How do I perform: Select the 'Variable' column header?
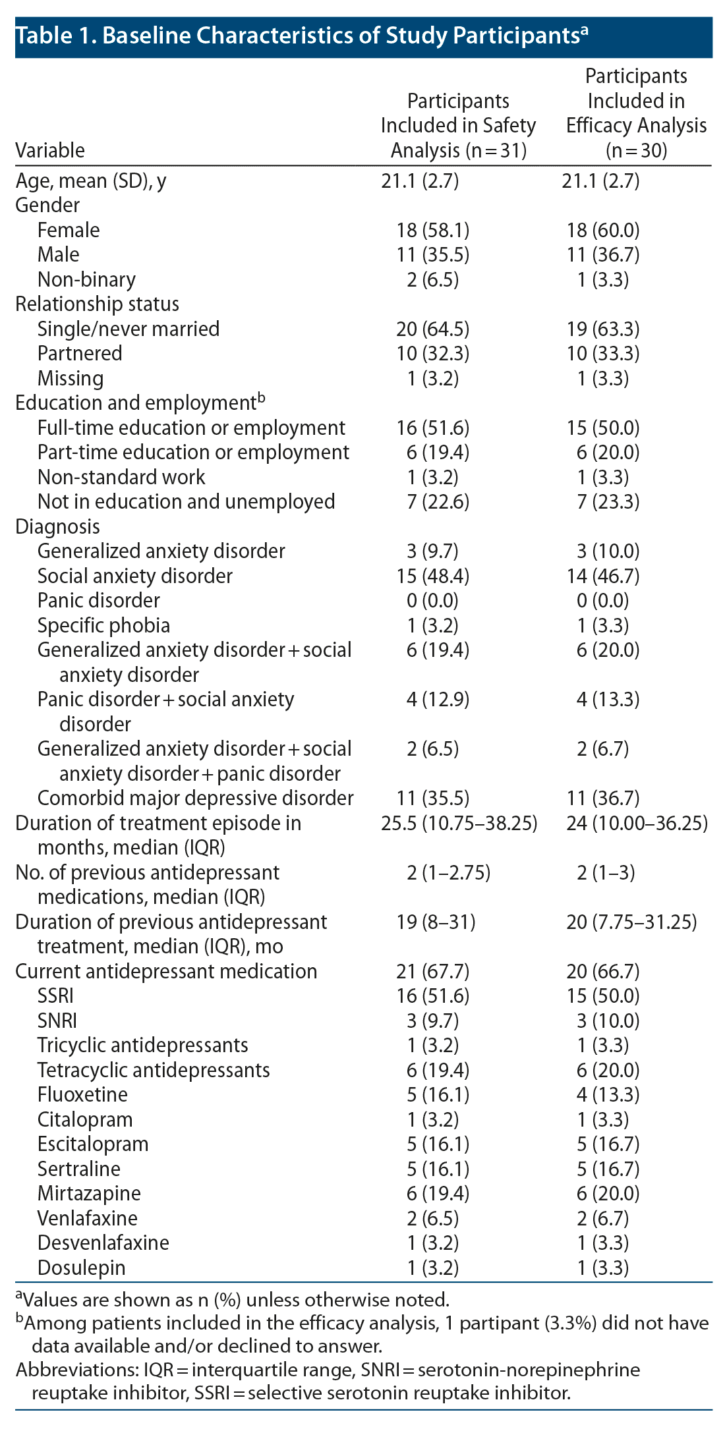(50, 151)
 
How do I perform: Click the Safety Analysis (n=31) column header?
(458, 126)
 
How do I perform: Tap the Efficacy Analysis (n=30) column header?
(636, 114)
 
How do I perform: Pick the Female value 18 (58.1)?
(432, 230)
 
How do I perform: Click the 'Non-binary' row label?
(86, 279)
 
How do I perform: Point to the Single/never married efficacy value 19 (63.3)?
(602, 329)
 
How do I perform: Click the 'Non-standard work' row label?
(121, 477)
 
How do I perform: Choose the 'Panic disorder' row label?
(98, 601)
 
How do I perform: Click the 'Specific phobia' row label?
(103, 625)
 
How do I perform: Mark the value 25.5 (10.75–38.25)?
(459, 823)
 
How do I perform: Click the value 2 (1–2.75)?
(448, 872)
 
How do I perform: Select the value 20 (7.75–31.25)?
(631, 922)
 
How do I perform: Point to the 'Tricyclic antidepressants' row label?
(142, 1046)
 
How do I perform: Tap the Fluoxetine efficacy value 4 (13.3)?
(602, 1095)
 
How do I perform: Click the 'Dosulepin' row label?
(81, 1268)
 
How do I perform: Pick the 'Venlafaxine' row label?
(88, 1218)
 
